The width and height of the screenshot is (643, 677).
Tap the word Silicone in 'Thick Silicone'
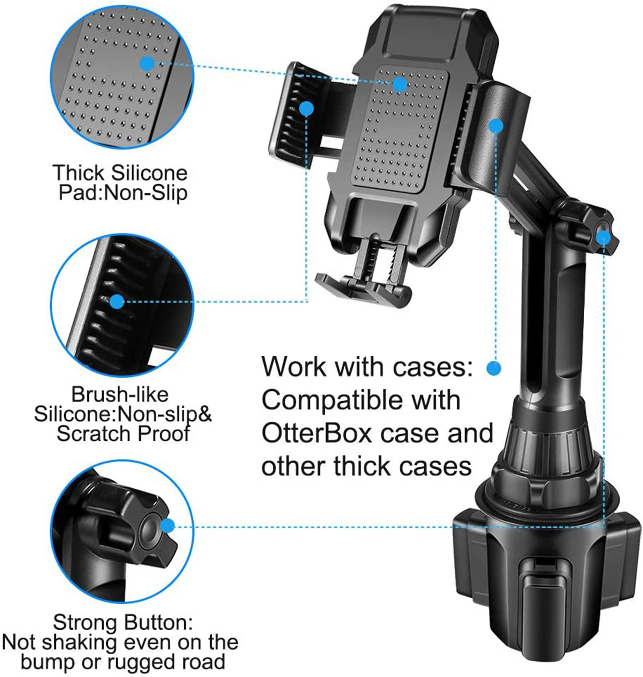pyautogui.click(x=149, y=173)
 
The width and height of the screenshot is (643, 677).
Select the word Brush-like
pyautogui.click(x=120, y=394)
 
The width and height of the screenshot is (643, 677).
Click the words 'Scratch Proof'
pyautogui.click(x=123, y=434)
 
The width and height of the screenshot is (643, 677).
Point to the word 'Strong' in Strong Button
pyautogui.click(x=85, y=623)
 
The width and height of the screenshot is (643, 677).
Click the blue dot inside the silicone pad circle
pyautogui.click(x=147, y=64)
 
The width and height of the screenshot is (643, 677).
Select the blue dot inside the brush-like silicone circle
pyautogui.click(x=117, y=301)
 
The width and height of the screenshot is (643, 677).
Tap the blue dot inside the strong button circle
pyautogui.click(x=168, y=526)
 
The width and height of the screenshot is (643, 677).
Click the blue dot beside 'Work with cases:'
pyautogui.click(x=494, y=368)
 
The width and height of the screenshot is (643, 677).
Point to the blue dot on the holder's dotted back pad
pyautogui.click(x=400, y=84)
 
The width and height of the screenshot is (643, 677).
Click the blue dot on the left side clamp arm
pyautogui.click(x=306, y=108)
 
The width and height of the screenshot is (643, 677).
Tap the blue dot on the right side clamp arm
pyautogui.click(x=496, y=126)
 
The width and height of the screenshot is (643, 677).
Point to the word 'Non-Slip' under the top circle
pyautogui.click(x=146, y=193)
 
